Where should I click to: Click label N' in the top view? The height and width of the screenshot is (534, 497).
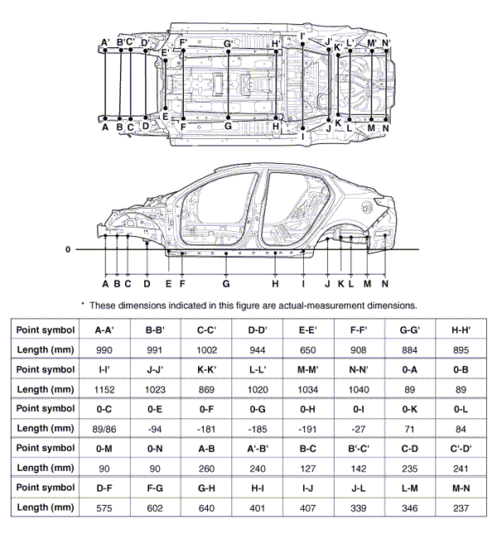pyautogui.click(x=387, y=42)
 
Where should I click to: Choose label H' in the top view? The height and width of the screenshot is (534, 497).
pyautogui.click(x=276, y=42)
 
